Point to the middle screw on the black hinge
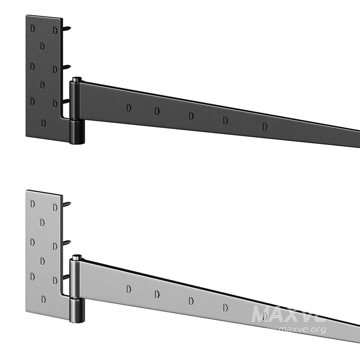(67, 67)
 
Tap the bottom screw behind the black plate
(66, 101)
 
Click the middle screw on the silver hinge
(67, 243)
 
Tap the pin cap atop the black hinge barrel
(77, 80)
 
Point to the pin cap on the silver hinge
(77, 258)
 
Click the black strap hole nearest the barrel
(129, 108)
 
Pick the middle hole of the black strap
(191, 116)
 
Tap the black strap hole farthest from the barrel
(265, 127)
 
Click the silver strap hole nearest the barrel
(129, 288)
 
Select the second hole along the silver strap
(157, 294)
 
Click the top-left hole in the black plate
(32, 28)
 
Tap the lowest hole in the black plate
(44, 122)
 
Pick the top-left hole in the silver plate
(32, 204)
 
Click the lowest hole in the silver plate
(44, 298)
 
